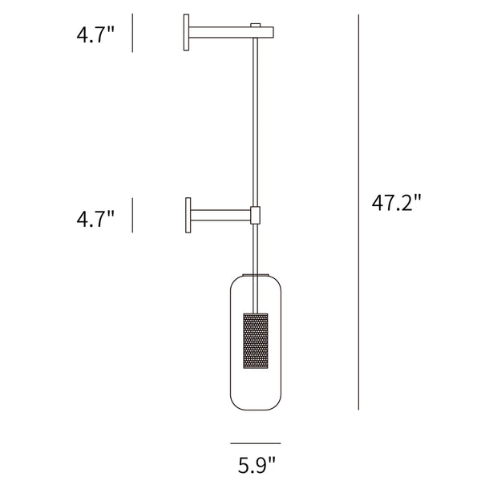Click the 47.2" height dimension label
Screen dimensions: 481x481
397,203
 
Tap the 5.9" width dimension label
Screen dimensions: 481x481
257,465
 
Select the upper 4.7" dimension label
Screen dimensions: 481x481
95,34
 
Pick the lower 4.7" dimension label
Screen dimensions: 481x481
95,219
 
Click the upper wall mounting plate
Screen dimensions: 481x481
186,32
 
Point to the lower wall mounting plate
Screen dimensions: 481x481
188,215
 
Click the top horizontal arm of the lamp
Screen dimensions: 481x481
231,33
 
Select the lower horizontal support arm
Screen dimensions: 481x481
221,215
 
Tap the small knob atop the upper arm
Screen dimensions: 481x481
255,25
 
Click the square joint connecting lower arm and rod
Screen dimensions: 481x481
255,215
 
